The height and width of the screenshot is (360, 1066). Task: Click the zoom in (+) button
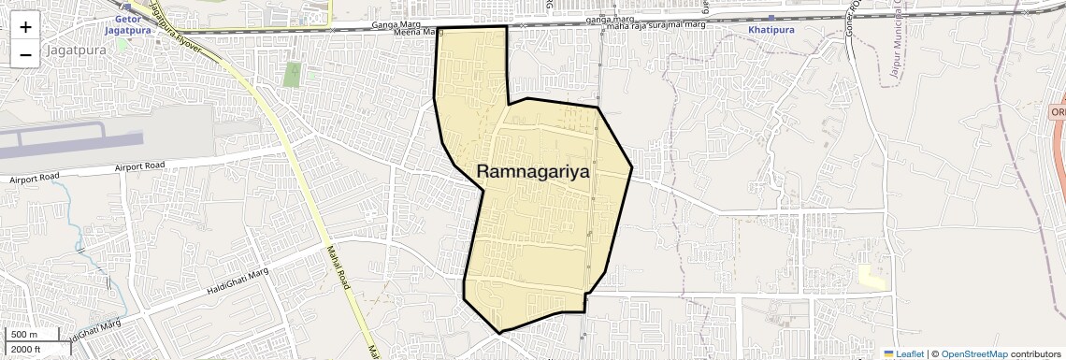pos(25,27)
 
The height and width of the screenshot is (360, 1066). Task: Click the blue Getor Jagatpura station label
pos(128,24)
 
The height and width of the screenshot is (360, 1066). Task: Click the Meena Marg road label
pos(415,33)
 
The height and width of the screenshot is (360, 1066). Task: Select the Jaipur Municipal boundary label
pos(900,47)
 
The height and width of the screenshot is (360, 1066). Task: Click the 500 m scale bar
pos(24,335)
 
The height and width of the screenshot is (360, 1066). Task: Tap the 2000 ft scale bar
pos(26,349)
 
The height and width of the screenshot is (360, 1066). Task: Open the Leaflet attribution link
pos(903,353)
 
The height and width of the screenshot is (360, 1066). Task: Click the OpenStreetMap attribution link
pos(973,353)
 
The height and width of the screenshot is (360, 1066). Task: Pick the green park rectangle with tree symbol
pos(293,74)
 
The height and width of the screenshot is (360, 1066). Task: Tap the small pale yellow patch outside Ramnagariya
pos(872,277)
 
